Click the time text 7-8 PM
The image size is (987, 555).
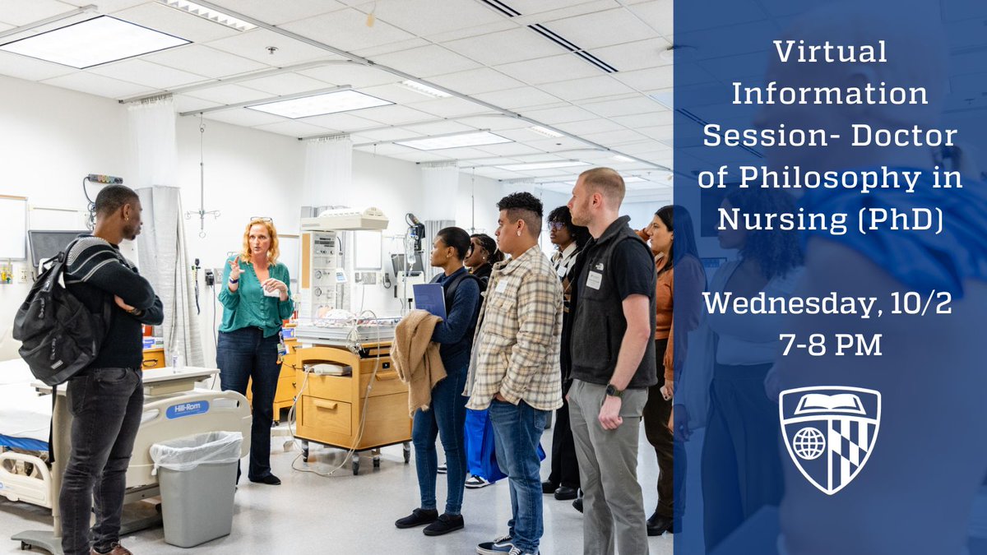(830, 345)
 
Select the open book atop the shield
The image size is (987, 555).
(830, 404)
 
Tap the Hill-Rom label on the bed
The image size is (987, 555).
(188, 409)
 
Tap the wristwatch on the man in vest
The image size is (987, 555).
(613, 391)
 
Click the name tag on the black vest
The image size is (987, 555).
(593, 280)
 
